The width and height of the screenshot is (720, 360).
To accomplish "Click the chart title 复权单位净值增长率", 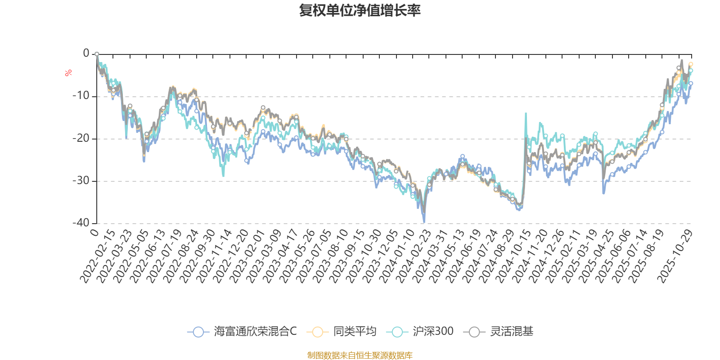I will pos(360,10).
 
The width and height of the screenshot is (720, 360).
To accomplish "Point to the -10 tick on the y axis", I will pos(81,96).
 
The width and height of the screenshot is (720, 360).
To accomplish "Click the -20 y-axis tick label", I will pos(81,138).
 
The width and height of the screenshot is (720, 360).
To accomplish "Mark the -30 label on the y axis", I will pos(81,180).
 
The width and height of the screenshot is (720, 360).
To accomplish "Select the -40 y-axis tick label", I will pos(81,223).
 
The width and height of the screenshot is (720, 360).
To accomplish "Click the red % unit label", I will pos(68,73).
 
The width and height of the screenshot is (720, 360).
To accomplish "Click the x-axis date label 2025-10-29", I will pos(675,256).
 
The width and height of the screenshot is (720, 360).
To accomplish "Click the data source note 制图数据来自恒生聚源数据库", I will pos(360,355).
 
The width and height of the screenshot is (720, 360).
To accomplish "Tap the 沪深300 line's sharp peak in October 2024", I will pos(526,113).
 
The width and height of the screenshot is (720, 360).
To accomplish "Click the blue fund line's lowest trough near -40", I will pos(423,222).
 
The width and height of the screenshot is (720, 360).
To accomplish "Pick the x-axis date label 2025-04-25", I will pos(596,256).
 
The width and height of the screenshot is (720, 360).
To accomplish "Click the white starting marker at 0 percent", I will pos(97,54).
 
